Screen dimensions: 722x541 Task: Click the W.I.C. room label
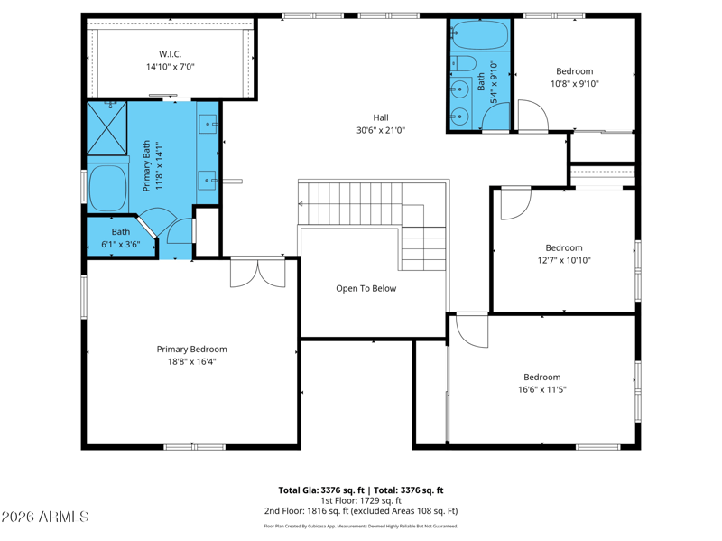tap(170, 54)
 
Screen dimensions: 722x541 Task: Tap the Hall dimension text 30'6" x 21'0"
tap(381, 130)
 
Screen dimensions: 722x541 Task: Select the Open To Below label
tap(366, 288)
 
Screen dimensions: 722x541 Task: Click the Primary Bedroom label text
tap(191, 350)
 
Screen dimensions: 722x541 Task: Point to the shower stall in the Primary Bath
tap(106, 128)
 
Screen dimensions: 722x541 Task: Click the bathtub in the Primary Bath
tap(107, 189)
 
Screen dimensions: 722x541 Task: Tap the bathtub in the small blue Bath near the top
tap(479, 35)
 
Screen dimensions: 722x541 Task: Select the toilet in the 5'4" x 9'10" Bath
tap(462, 63)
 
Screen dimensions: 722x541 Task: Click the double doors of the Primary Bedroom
tap(258, 273)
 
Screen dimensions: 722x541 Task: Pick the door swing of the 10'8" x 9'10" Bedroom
tap(533, 116)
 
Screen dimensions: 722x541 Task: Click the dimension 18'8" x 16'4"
tap(191, 362)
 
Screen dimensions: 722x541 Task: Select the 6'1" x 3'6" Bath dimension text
tap(121, 244)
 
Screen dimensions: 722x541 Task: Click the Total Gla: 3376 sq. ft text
tap(321, 490)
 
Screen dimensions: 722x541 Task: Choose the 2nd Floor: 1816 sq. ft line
tap(361, 511)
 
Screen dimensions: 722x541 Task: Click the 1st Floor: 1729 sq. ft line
tap(361, 500)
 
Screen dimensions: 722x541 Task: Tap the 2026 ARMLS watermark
tap(44, 517)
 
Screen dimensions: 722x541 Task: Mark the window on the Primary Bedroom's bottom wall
tap(195, 446)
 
